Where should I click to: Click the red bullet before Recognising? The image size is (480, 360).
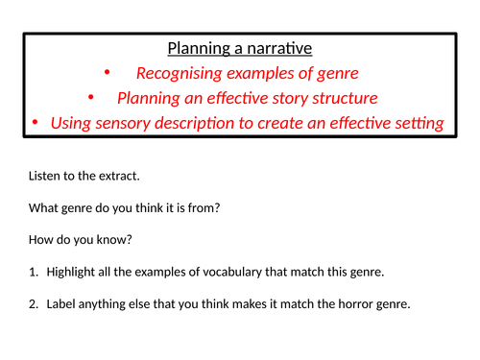point(107,72)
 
